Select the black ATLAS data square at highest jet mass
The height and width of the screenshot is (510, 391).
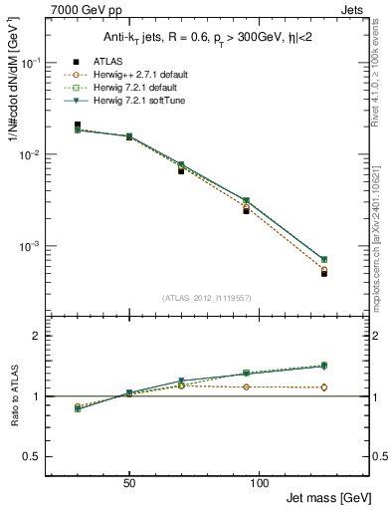(324, 273)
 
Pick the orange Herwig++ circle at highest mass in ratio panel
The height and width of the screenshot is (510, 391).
(324, 387)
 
